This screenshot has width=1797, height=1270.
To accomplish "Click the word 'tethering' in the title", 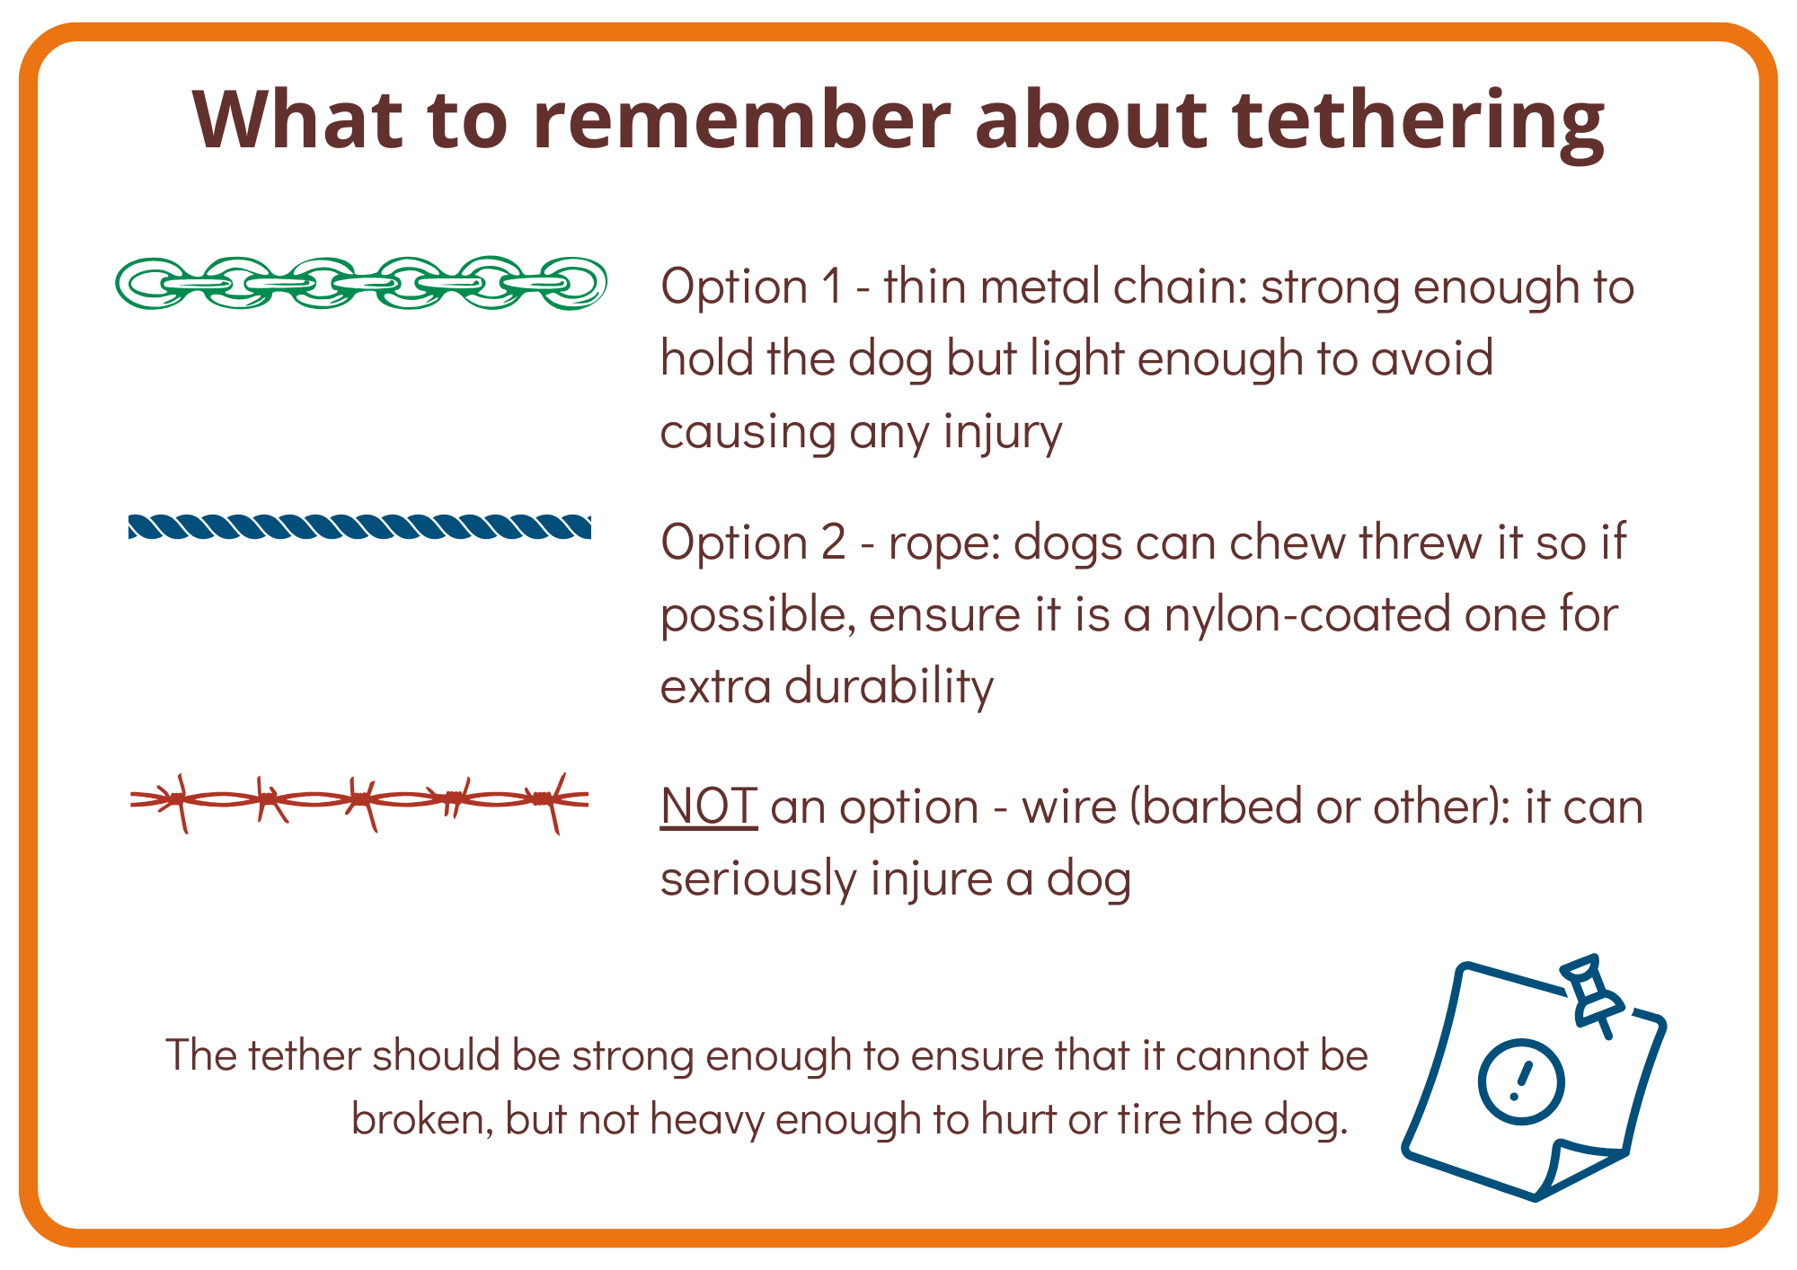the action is [x=1418, y=121].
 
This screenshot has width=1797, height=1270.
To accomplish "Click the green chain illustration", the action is [x=361, y=283].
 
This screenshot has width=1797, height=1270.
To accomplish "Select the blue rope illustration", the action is [x=359, y=526].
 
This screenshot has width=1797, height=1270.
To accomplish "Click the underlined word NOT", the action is [x=709, y=806].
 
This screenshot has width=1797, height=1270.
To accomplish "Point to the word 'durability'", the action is [x=890, y=687].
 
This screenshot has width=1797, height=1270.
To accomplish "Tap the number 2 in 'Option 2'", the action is [x=833, y=543].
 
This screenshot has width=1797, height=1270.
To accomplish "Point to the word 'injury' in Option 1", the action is [x=1003, y=433].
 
